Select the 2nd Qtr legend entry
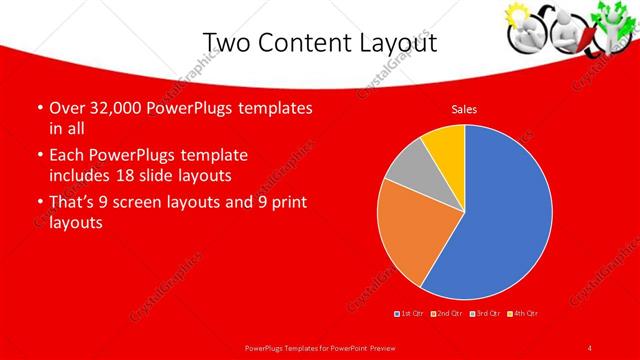tap(447, 314)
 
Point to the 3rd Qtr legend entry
tap(485, 314)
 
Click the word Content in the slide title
tap(317, 42)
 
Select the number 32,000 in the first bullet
tap(107, 108)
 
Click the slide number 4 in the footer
tap(590, 347)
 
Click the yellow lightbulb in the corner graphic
tap(521, 16)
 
